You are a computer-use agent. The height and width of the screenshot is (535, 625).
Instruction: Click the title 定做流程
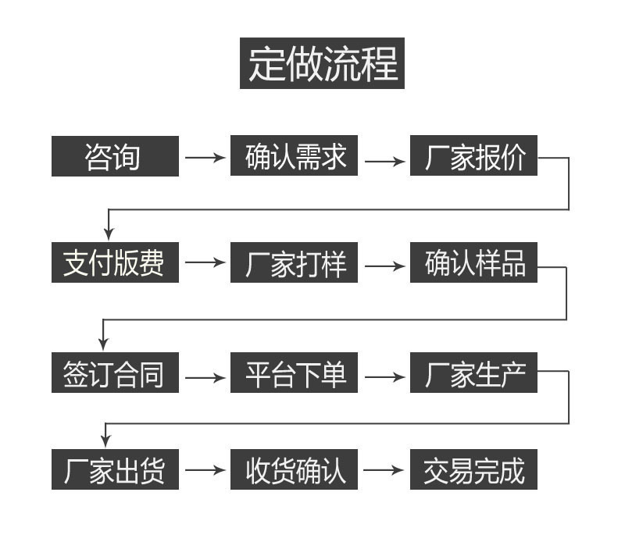tap(322, 63)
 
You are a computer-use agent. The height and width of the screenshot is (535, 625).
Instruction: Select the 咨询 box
tap(115, 157)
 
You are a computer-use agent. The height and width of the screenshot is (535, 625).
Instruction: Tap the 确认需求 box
tap(295, 157)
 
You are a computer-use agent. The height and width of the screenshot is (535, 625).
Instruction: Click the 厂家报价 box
tap(474, 157)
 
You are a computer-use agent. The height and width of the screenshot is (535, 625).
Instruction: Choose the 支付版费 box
tap(115, 263)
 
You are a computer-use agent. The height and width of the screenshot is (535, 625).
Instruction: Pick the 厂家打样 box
tap(295, 263)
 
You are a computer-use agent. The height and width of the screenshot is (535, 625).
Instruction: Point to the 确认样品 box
tap(474, 263)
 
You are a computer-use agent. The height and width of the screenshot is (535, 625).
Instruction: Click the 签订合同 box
tap(115, 373)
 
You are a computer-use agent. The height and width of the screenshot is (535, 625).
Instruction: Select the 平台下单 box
tap(295, 373)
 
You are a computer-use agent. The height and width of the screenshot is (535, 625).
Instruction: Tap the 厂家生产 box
tap(474, 373)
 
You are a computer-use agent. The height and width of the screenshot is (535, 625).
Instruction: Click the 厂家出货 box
tap(115, 469)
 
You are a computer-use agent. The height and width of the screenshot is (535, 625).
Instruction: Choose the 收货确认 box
tap(295, 469)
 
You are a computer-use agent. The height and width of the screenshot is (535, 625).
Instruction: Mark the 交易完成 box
tap(474, 469)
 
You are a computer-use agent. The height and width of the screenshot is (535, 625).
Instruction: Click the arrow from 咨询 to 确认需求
tap(205, 158)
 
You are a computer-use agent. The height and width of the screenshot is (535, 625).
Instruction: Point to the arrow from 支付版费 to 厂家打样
tap(205, 263)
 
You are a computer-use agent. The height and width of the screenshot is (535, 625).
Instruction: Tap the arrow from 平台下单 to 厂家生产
tap(385, 377)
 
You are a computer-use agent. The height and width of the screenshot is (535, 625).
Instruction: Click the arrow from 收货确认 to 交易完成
tap(385, 470)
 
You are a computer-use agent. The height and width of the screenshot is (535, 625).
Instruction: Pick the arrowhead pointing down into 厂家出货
tap(105, 441)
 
